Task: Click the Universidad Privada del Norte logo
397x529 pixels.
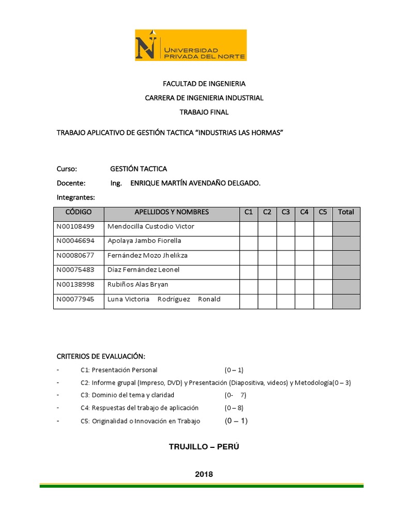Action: (x=191, y=45)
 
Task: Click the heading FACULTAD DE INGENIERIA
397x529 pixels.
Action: (x=204, y=83)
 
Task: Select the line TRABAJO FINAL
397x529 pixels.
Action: (x=204, y=112)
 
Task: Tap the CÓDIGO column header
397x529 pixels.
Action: (x=79, y=212)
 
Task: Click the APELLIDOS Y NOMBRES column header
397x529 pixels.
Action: (x=172, y=212)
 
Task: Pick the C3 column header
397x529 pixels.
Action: (x=286, y=212)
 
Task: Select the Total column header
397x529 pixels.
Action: (x=346, y=212)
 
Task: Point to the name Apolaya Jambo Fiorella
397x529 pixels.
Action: (x=144, y=241)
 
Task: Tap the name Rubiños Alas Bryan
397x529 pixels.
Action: (x=138, y=285)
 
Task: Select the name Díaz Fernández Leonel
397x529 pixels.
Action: (x=143, y=270)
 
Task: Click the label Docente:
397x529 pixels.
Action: (x=71, y=183)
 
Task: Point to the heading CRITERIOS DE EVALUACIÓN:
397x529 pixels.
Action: (x=101, y=357)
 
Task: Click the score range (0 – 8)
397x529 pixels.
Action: (x=235, y=408)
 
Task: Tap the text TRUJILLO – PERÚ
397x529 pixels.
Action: (x=204, y=447)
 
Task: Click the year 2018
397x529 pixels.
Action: (x=204, y=474)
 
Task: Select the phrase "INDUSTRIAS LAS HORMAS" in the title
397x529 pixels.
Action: (x=240, y=133)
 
